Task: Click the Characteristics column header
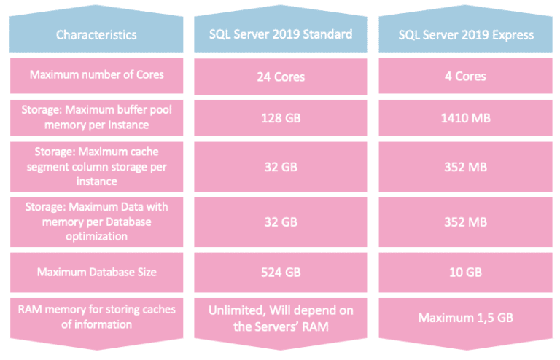[96, 34]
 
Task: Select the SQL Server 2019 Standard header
[280, 34]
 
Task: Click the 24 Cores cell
[280, 77]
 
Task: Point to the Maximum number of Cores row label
[96, 75]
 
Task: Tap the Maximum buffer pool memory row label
[96, 117]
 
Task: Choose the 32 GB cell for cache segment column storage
[280, 166]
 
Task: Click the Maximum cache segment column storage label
[96, 165]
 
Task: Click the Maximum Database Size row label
[96, 272]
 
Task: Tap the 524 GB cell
[280, 273]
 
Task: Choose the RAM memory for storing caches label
[96, 317]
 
